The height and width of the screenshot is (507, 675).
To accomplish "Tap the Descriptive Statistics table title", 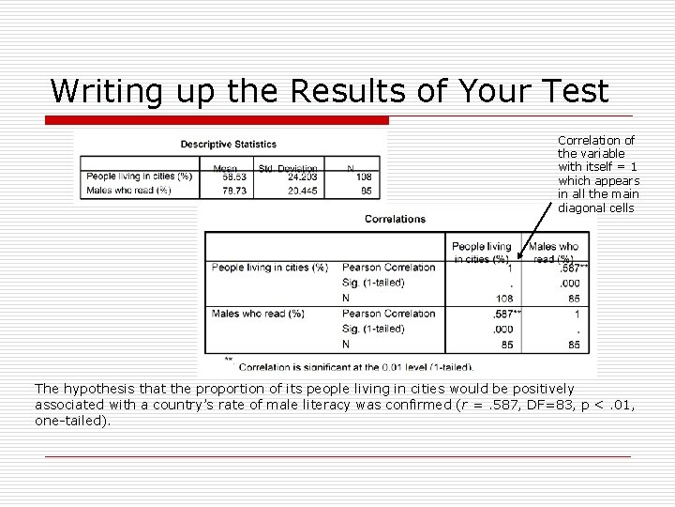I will tap(229, 144).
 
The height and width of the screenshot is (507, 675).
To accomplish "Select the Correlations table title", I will tap(396, 219).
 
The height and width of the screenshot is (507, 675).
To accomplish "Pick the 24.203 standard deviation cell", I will tap(302, 176).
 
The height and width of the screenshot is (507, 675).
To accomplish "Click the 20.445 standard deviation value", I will tap(302, 190).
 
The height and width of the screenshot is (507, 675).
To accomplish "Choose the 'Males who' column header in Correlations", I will tap(555, 247).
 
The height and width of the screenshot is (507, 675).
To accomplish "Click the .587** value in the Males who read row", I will tap(506, 314).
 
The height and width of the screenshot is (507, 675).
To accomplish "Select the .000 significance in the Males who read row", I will tap(504, 329).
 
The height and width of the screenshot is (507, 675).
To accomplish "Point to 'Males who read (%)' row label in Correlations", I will tap(258, 314).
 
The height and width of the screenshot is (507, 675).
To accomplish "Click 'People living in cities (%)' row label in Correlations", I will tap(270, 268).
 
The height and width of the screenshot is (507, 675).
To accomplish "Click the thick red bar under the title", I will tap(218, 120).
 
